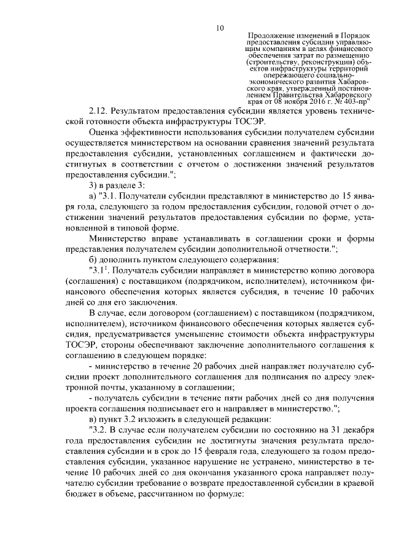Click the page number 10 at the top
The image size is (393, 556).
[x=220, y=27]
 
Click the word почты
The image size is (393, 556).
[x=115, y=388]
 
